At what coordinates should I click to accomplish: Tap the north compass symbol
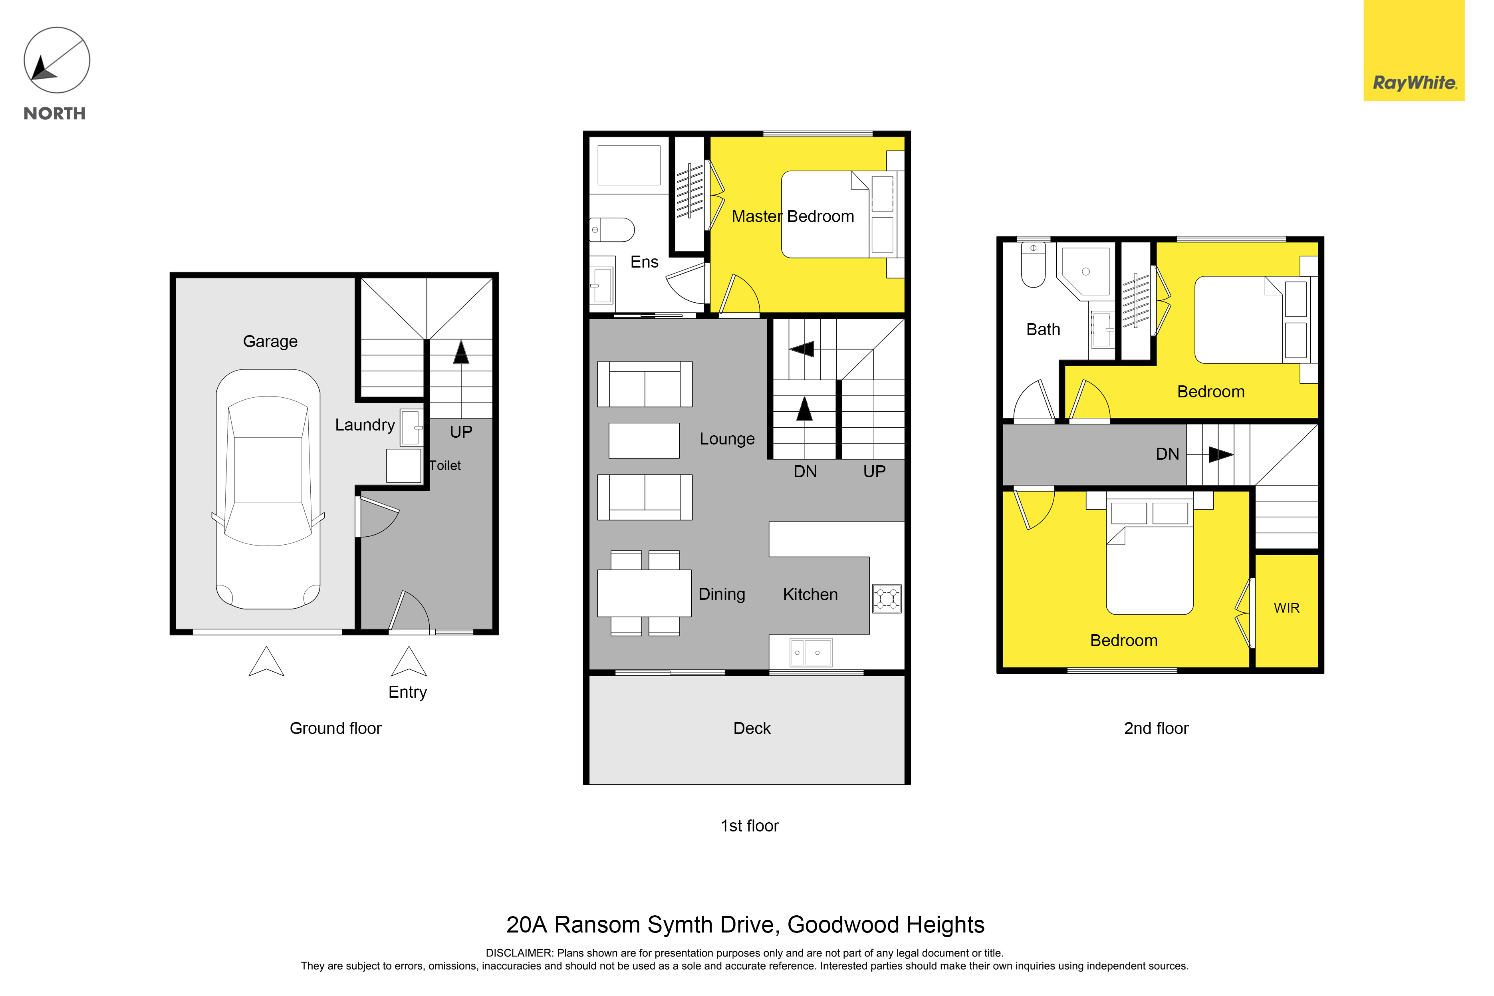point(57,60)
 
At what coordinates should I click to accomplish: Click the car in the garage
point(268,489)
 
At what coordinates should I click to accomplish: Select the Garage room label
point(270,342)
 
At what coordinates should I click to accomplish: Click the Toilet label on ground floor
point(445,466)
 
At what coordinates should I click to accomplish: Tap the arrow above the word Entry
point(409,661)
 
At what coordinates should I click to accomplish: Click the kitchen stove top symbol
point(887,598)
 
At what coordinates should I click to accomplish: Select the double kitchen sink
point(811,653)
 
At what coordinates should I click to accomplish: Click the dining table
point(644,593)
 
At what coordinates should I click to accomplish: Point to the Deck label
point(752,728)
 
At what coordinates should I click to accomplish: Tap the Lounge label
point(727,439)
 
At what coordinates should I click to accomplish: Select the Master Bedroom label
point(793,216)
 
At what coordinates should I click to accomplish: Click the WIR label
point(1286,609)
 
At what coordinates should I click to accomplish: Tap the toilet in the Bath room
point(1034,265)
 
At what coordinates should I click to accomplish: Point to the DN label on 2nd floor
point(1167,454)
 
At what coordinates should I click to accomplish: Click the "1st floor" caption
point(750,826)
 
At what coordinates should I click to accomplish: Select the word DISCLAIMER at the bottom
point(519,953)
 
